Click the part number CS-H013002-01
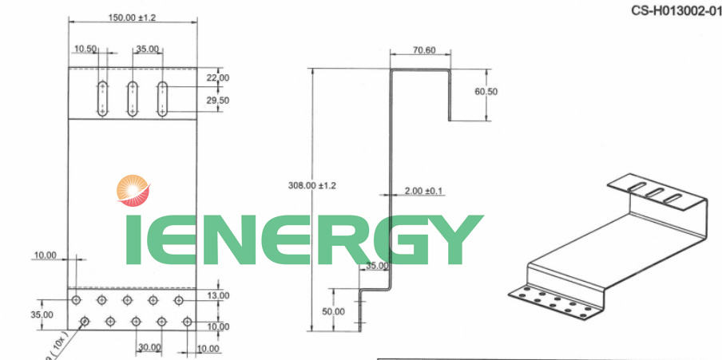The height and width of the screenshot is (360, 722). tap(676, 11)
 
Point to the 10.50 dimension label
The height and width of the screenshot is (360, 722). tap(85, 49)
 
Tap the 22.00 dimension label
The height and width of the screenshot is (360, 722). tap(218, 77)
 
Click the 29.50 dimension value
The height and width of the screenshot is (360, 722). tap(218, 101)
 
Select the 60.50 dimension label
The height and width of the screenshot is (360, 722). tap(486, 92)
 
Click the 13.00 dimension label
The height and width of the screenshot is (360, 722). tap(218, 296)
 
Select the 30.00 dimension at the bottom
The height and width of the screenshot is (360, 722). tap(149, 347)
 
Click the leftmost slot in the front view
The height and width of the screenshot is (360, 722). tap(103, 99)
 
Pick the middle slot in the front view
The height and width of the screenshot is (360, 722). tap(133, 99)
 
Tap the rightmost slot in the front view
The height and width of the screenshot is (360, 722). tap(162, 99)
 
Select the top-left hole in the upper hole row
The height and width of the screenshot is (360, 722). tap(76, 300)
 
